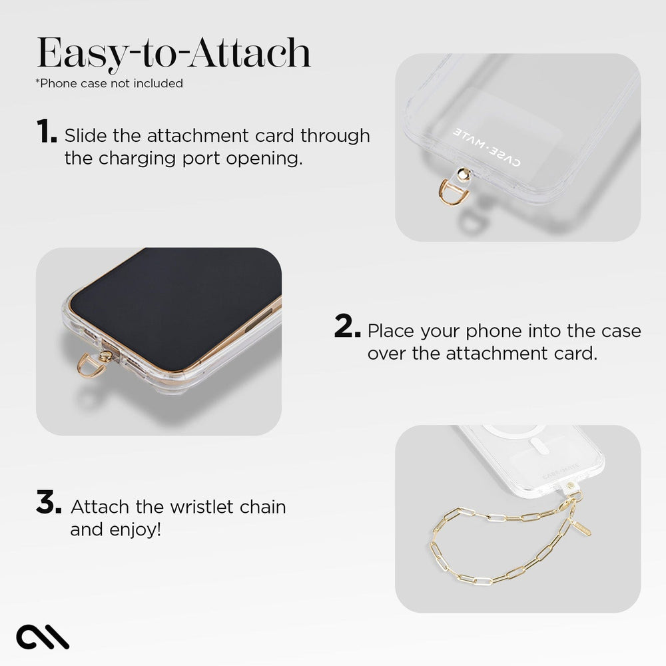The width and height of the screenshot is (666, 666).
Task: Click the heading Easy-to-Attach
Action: (x=173, y=53)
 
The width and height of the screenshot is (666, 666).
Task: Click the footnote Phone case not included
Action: (x=109, y=83)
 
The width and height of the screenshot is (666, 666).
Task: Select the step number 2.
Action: (x=347, y=327)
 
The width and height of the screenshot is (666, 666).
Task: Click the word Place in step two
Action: (x=391, y=330)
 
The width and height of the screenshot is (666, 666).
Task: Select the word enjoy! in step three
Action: (x=138, y=530)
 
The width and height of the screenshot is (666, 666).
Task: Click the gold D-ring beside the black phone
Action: (x=91, y=364)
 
